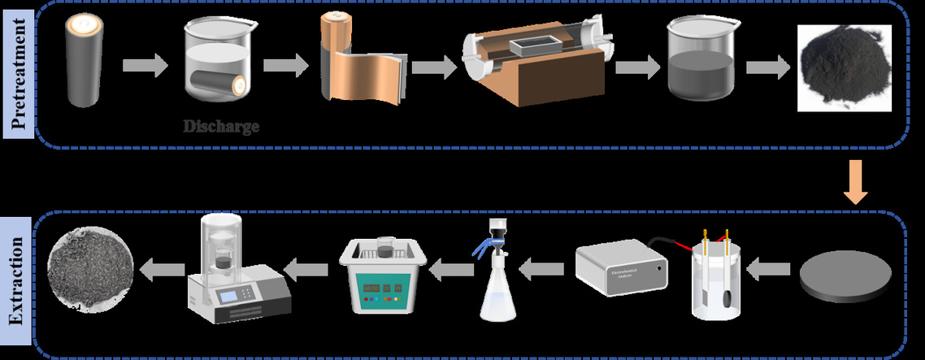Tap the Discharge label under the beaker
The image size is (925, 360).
click(x=220, y=127)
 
